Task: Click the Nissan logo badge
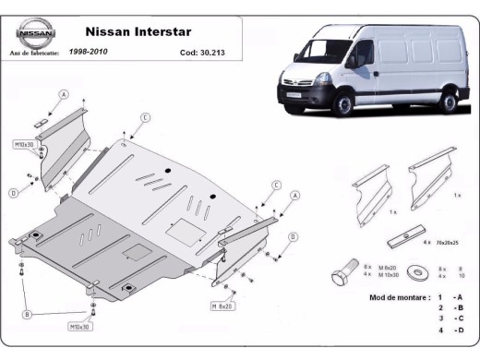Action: click(x=35, y=34)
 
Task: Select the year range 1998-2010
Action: click(x=88, y=53)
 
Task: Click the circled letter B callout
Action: click(x=29, y=315)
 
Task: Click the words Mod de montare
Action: click(x=399, y=297)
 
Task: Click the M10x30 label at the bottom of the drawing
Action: click(x=78, y=326)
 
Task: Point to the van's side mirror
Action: click(x=352, y=64)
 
